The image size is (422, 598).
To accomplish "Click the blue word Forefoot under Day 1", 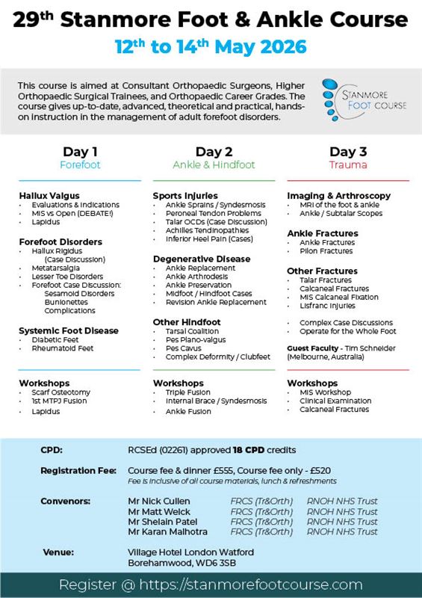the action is pyautogui.click(x=79, y=165).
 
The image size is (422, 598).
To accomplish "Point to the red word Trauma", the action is pyautogui.click(x=347, y=165).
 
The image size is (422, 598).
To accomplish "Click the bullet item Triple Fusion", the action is pyautogui.click(x=189, y=392).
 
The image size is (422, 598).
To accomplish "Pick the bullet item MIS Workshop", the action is pyautogui.click(x=325, y=392).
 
